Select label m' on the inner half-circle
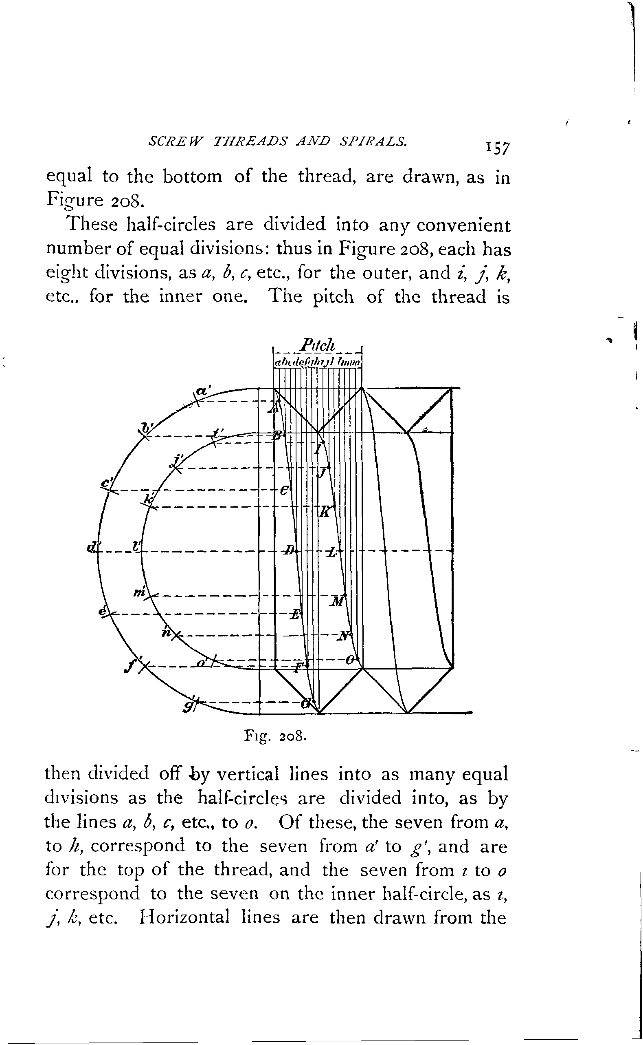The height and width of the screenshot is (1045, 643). coord(140,592)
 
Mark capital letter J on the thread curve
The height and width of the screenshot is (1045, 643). coord(323,473)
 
